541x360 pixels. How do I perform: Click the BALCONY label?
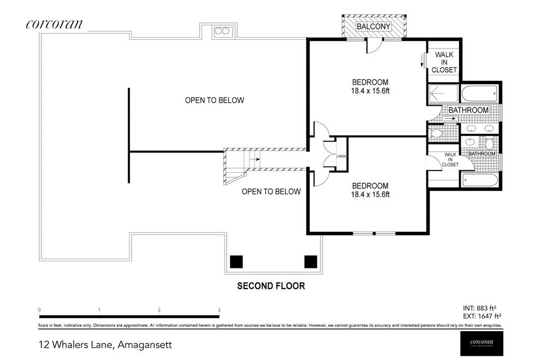tap(374, 26)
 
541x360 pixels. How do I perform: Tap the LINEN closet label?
tap(341, 156)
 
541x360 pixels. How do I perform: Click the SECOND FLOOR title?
tap(270, 286)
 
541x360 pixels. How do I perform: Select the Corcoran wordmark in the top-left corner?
tap(54, 23)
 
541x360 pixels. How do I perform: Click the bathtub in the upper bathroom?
tap(479, 94)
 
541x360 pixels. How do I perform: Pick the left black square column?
tap(236, 262)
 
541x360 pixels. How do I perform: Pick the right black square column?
tap(311, 262)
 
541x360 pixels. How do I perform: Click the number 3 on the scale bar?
tap(219, 310)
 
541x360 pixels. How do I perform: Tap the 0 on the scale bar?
tap(40, 310)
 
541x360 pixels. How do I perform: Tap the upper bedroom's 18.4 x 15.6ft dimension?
tap(370, 92)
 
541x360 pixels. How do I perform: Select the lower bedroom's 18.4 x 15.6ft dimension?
tap(370, 194)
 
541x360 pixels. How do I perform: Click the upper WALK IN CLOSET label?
tap(444, 62)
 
